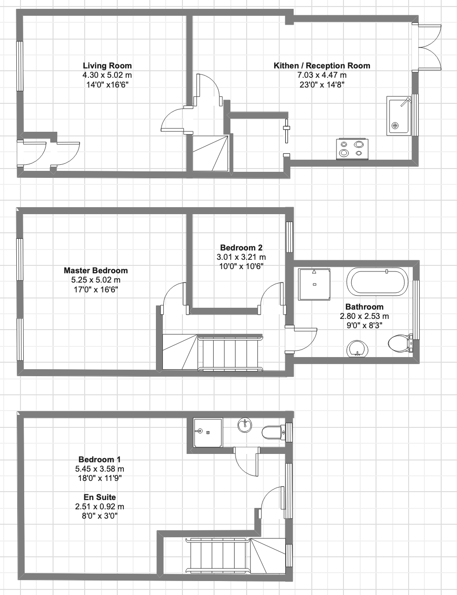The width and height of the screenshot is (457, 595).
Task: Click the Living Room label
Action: (108, 66)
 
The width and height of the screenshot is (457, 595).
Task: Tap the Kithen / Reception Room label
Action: (322, 66)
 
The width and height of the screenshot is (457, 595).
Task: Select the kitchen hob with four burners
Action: (352, 149)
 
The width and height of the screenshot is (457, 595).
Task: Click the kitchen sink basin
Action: (398, 115)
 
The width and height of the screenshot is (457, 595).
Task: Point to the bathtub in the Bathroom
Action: (377, 282)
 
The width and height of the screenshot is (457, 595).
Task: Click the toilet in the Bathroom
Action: (401, 343)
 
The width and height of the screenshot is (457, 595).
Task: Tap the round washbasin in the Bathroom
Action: (357, 349)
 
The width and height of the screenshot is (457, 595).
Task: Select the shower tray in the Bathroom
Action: (314, 284)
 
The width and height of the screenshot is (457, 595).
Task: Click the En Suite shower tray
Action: (208, 433)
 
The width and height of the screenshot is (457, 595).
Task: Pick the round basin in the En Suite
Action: (245, 425)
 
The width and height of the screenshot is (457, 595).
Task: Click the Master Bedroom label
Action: (96, 270)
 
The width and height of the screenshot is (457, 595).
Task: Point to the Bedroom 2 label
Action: (241, 248)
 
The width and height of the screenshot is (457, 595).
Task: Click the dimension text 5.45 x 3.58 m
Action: (100, 469)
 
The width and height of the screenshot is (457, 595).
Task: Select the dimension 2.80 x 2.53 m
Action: (364, 316)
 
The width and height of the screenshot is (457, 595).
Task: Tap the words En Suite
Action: (100, 497)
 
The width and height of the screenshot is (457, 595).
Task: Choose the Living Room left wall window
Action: (20, 66)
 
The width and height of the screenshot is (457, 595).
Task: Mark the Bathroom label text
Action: (364, 307)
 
